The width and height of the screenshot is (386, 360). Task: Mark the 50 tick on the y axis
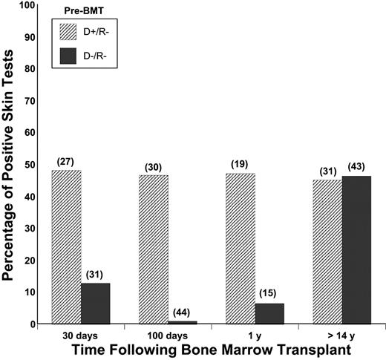pos(31,165)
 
